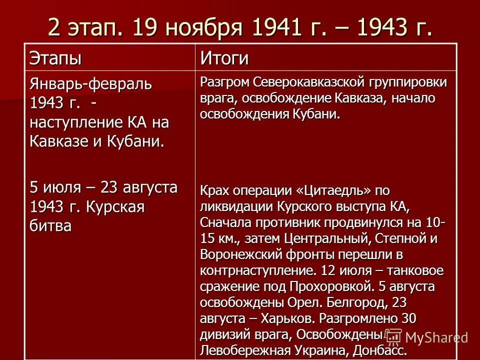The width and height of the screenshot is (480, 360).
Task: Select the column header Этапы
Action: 55,58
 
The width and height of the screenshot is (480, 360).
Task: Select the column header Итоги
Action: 224,58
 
